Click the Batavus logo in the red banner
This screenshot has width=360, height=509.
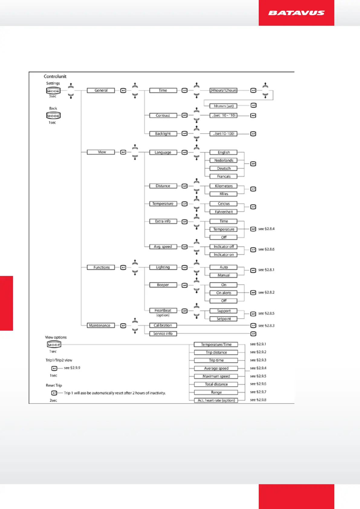pos(296,13)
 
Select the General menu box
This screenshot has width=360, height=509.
pos(101,90)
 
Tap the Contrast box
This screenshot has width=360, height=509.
pos(163,115)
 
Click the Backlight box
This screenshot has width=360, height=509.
pos(163,134)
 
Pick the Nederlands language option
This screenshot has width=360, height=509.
pos(224,160)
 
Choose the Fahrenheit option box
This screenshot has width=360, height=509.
pos(224,212)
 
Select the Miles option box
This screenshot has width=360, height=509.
pos(224,194)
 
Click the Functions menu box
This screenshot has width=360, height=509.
pos(101,267)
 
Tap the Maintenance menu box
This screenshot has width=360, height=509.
pos(99,326)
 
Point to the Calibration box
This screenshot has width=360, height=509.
pos(163,326)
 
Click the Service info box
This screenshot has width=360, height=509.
pos(163,334)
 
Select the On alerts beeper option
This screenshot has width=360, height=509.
pos(224,293)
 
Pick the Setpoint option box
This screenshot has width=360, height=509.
pos(224,319)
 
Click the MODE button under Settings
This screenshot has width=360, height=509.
pos(53,91)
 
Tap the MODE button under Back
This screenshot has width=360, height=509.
pos(53,116)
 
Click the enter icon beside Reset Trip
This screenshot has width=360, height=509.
pos(54,393)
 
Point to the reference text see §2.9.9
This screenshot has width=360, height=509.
pos(72,368)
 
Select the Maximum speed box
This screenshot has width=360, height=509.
pos(216,376)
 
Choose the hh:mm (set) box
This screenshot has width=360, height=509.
pos(224,106)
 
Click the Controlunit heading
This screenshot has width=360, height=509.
pos(55,76)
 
